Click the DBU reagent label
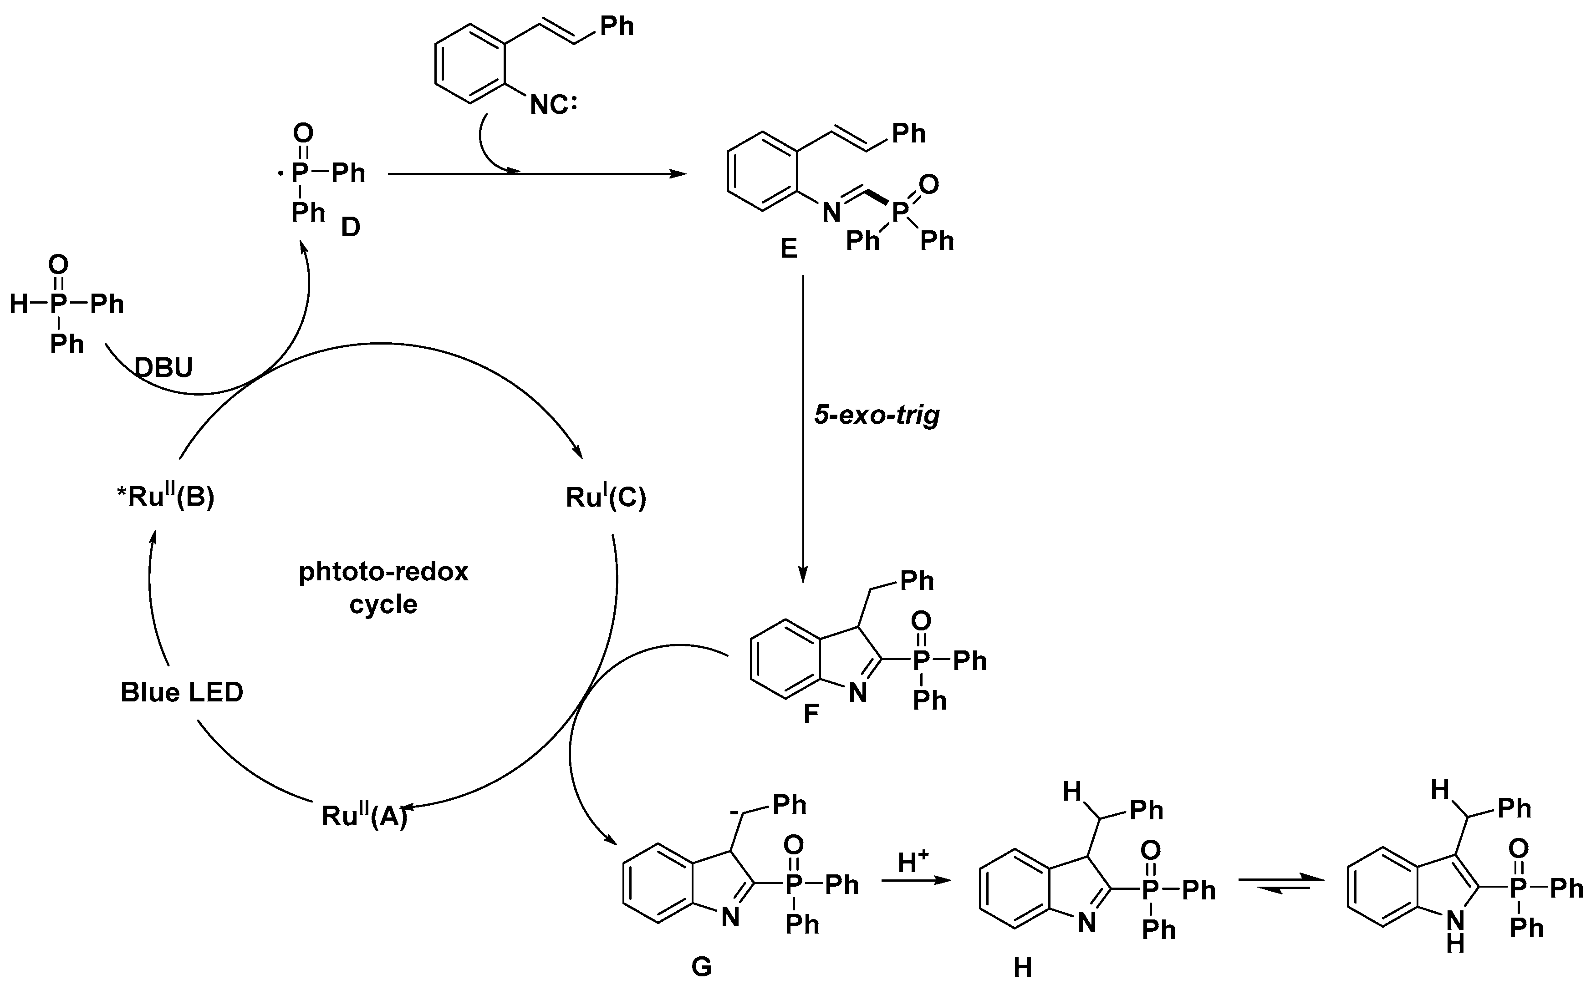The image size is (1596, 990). tap(164, 368)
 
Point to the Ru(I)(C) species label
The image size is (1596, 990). tap(606, 498)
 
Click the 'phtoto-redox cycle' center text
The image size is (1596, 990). tap(384, 587)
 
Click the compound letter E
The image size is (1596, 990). tap(789, 249)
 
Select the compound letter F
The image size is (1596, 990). tap(811, 714)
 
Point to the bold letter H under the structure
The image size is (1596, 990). tap(1022, 968)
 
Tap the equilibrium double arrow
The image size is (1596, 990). tap(1274, 882)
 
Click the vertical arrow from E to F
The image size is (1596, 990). tap(803, 426)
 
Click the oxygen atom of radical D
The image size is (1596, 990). tap(302, 133)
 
